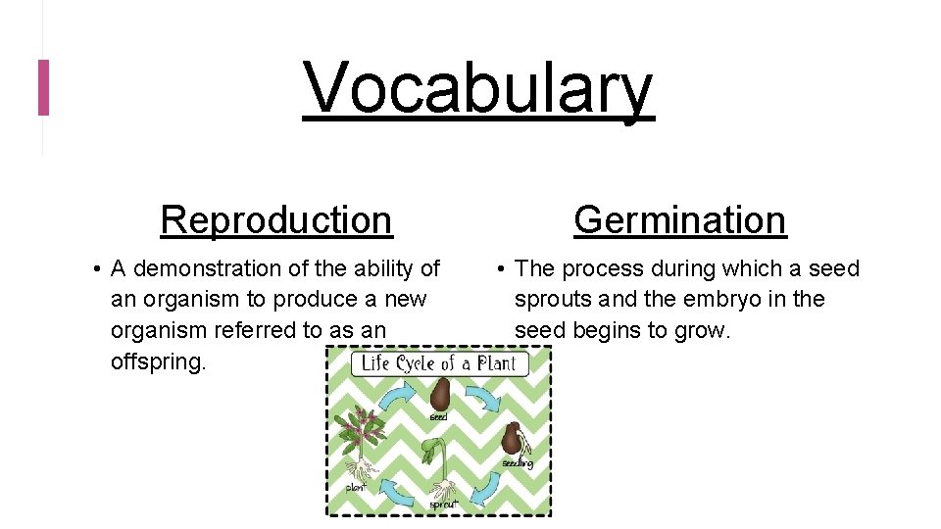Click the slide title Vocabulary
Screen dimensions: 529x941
(477, 88)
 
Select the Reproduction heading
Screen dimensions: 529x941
(276, 219)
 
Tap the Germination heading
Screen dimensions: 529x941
(680, 219)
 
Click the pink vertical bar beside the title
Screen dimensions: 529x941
(43, 87)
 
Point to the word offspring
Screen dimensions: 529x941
(158, 361)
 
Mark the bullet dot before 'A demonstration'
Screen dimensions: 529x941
(100, 269)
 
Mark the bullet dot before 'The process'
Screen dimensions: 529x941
(501, 269)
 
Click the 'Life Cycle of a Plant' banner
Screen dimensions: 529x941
(437, 364)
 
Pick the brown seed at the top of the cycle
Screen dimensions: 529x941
(440, 396)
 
